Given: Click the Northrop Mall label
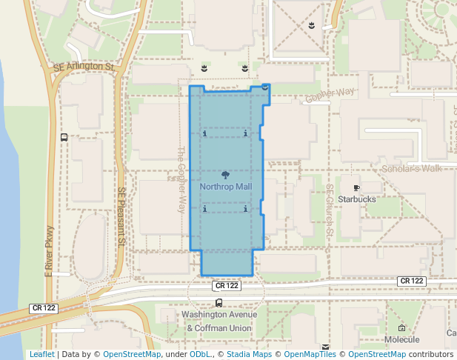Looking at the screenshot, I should pos(226,187).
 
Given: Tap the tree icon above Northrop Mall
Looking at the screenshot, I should pos(226,174).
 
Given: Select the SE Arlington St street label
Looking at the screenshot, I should pos(84,67).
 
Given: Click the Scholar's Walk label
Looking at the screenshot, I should pos(410,169).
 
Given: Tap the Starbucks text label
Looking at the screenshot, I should pos(357,199).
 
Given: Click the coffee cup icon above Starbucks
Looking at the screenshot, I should pos(357,188).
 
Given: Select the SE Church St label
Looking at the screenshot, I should pos(331,211).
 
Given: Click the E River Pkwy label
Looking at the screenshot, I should pos(50,250).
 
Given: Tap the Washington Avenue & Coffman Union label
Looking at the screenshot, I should pos(219,321).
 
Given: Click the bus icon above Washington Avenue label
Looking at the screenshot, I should pos(219,303).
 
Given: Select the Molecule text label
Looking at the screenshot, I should pos(402,339).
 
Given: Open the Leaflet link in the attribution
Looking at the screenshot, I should pos(41,354).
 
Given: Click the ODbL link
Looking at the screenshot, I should pos(201,354).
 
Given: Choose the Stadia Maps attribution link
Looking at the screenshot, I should pos(250,354).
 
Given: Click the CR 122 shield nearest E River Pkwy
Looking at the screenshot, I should pos(44,307).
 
